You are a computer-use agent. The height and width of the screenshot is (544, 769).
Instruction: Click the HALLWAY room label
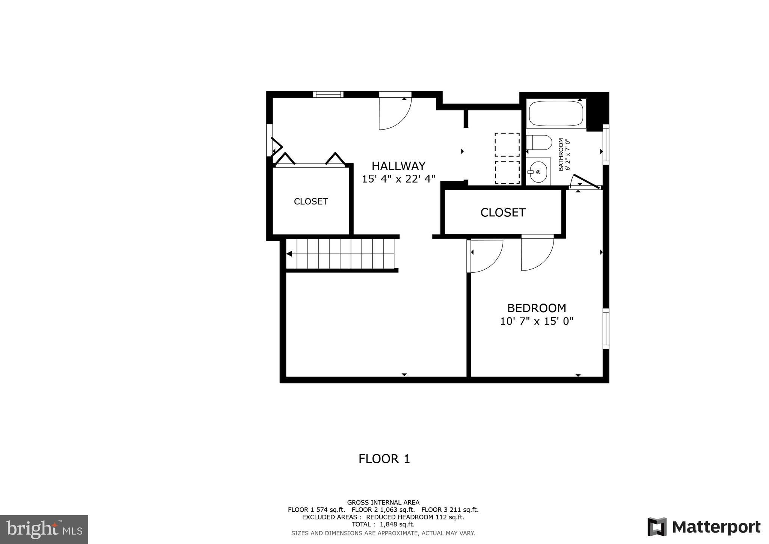pos(398,166)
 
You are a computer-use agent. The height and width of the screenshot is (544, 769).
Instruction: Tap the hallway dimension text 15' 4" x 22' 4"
pos(398,179)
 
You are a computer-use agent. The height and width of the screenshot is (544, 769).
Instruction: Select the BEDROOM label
pos(537,308)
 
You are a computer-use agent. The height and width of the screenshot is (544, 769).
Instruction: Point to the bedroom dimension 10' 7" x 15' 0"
pos(537,321)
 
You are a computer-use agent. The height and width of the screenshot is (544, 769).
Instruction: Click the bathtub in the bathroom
pos(556,113)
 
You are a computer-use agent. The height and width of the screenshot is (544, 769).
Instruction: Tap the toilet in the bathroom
pos(539,142)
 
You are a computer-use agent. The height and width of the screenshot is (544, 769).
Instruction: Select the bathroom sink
pos(538,172)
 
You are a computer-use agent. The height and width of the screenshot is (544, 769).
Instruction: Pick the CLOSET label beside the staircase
pos(311,201)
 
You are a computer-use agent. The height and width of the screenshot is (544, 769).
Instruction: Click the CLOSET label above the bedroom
pos(503,213)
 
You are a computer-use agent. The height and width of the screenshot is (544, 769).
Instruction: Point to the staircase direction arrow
pos(290,254)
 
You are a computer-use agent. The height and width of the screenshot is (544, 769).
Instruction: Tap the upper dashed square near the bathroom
pos(507,145)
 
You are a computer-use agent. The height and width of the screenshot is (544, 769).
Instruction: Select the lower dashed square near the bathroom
pos(507,172)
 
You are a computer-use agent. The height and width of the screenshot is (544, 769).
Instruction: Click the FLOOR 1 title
pos(384,459)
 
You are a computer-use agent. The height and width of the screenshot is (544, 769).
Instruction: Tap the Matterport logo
pos(704,527)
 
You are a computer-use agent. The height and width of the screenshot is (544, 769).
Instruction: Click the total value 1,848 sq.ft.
pos(397,524)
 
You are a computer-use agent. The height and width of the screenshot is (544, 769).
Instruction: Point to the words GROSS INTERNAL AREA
pos(383,502)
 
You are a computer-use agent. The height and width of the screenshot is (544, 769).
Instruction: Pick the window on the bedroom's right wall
pos(606,328)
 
